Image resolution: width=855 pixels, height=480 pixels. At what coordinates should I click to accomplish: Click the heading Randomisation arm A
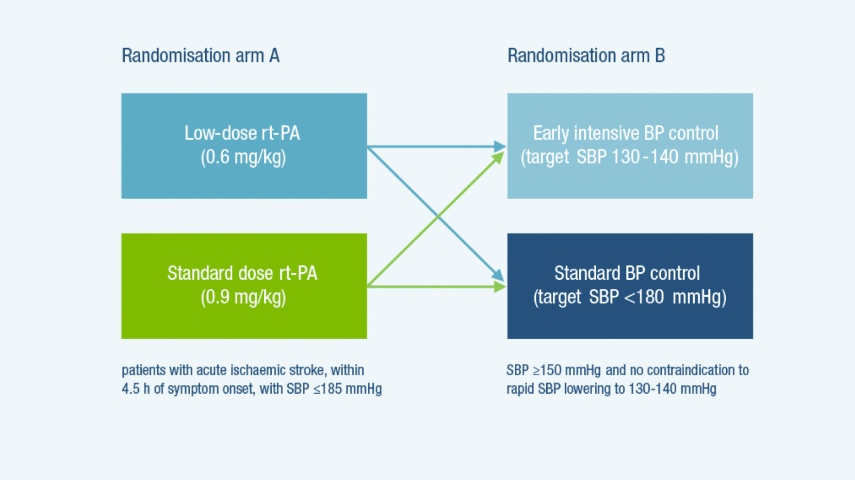point(200,56)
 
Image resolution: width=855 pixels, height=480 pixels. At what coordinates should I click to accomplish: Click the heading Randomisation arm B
point(586,56)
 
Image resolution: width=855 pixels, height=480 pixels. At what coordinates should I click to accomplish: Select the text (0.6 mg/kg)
point(243,157)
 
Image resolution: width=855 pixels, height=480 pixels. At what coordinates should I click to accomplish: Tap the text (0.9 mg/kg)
point(243,297)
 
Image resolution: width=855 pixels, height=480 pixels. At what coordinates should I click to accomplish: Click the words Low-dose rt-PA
point(242,133)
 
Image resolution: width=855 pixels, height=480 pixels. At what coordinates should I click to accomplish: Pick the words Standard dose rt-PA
point(242,273)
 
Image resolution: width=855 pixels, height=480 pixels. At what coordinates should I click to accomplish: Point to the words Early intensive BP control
point(625,133)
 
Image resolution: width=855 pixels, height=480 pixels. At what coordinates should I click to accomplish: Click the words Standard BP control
point(627,273)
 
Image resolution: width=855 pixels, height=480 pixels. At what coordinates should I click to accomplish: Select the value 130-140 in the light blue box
point(645,157)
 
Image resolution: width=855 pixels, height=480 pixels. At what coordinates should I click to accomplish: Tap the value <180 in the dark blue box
point(644,297)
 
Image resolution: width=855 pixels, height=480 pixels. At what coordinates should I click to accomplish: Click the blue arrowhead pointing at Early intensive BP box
point(500,146)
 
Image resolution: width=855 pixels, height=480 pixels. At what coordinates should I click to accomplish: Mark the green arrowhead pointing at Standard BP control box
point(500,287)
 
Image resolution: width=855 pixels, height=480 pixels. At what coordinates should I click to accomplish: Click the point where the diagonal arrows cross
point(437,216)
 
